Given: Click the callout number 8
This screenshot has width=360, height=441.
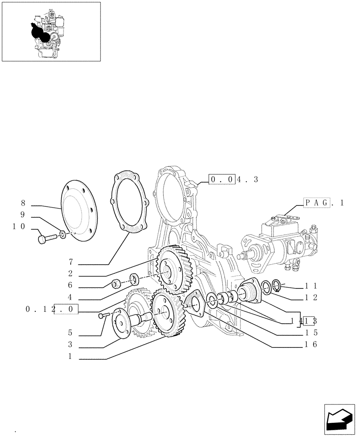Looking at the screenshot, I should click(22, 203).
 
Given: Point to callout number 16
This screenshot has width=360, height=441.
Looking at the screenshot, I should click(311, 345).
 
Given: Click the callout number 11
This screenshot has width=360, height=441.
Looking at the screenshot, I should click(311, 286).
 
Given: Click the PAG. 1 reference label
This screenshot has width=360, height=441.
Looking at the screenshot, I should click(323, 202).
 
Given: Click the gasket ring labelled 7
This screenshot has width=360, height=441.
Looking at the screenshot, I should click(128, 203).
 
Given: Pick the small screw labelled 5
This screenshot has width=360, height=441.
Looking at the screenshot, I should click(102, 315).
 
